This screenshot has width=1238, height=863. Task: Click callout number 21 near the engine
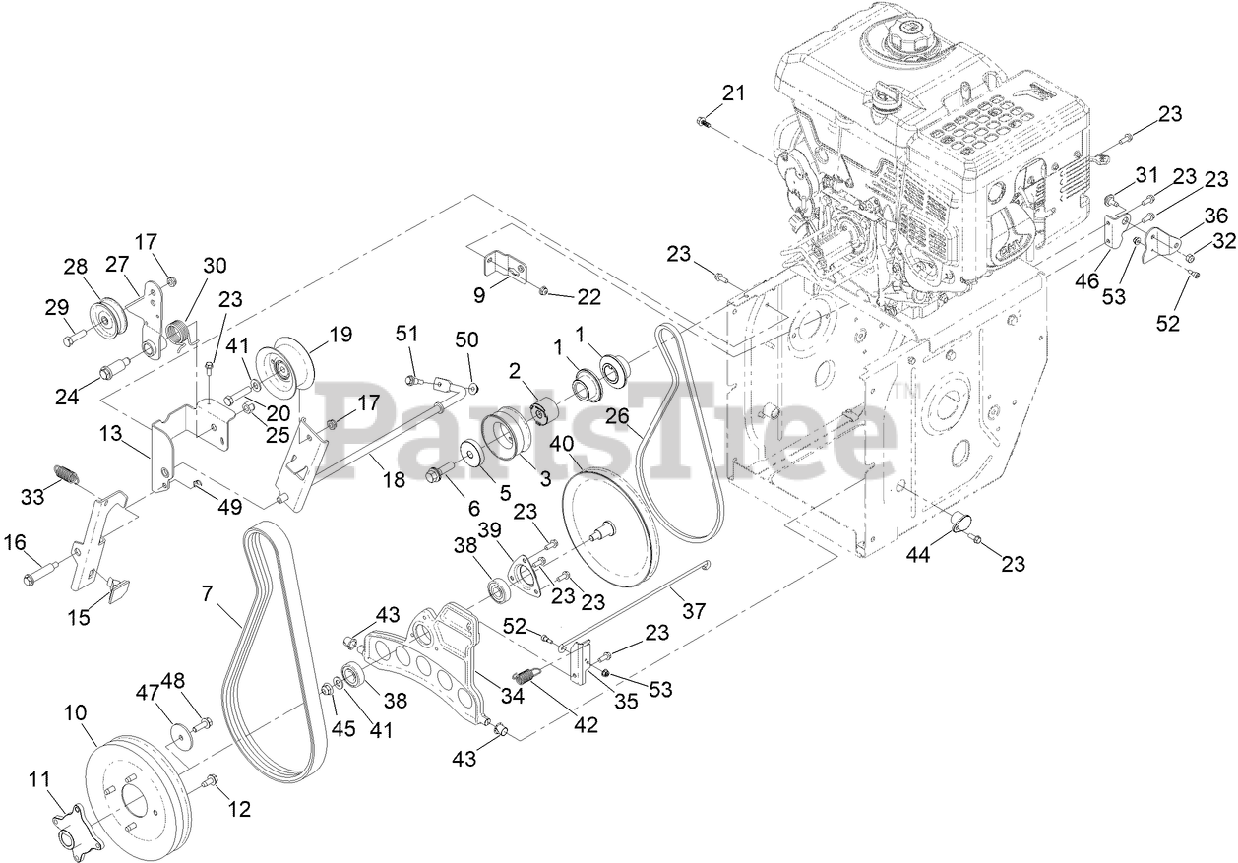(x=733, y=94)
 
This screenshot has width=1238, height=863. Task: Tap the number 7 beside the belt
(x=206, y=593)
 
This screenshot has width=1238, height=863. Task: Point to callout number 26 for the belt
(x=617, y=417)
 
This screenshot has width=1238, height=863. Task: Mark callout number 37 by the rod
(x=694, y=611)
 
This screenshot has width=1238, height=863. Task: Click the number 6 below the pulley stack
(x=473, y=509)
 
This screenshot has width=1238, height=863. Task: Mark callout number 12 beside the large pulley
(x=239, y=809)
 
